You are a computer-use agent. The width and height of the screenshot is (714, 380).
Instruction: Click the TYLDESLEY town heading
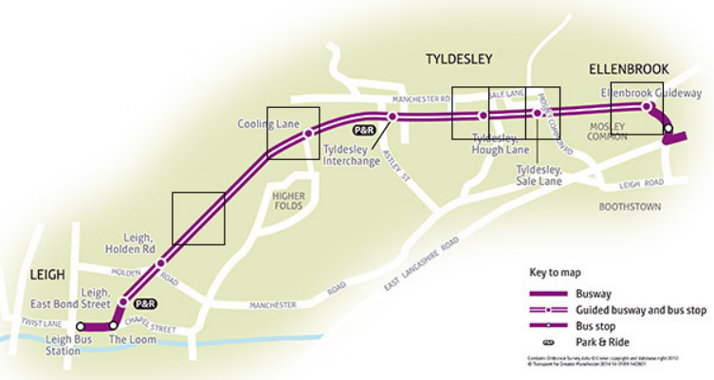(458, 59)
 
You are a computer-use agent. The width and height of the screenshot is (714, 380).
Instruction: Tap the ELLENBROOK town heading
(629, 69)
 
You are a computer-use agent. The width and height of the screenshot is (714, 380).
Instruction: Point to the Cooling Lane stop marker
(307, 135)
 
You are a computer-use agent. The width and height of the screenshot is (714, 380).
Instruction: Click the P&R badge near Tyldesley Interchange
(363, 130)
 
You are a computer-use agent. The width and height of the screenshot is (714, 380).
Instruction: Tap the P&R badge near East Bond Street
(145, 304)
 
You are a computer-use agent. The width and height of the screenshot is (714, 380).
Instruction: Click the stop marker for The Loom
(114, 325)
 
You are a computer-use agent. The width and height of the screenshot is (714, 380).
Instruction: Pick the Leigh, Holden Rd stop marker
(160, 262)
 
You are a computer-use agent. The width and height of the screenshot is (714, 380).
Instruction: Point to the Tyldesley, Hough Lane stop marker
(483, 115)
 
